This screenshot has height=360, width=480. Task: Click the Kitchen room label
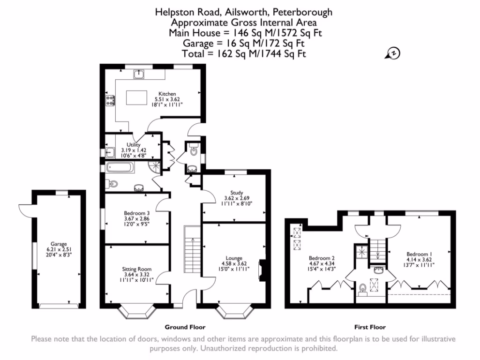tap(167, 94)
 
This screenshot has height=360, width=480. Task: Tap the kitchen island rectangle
tap(137, 97)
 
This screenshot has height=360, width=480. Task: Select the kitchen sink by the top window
tap(139, 74)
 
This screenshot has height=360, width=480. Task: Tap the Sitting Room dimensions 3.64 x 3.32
tap(136, 275)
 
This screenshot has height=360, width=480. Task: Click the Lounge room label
tap(233, 258)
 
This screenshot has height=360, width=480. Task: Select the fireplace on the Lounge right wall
tap(262, 270)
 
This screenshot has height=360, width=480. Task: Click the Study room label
tap(236, 192)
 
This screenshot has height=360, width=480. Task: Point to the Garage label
tap(59, 244)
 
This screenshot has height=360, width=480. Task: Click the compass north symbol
tap(392, 53)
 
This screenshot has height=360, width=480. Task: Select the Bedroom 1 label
tap(420, 254)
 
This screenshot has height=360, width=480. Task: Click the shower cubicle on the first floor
tap(361, 251)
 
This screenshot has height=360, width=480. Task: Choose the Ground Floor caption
tap(185, 327)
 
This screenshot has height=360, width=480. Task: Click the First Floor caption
tap(370, 327)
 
